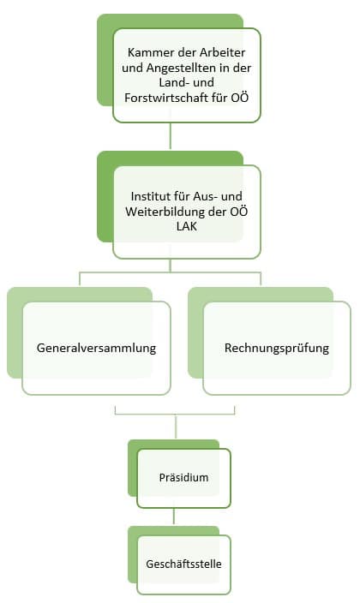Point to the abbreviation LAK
tap(187, 226)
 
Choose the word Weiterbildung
tap(171, 212)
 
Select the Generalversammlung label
tap(96, 348)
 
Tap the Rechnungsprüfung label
tap(277, 348)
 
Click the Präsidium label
tap(183, 478)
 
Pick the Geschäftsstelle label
tap(183, 564)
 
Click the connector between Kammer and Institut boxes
tap(171, 135)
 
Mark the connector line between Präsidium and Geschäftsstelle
tap(174, 516)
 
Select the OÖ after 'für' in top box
tap(240, 98)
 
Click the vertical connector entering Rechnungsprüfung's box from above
tap(261, 279)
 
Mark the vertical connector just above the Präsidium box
tap(176, 427)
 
